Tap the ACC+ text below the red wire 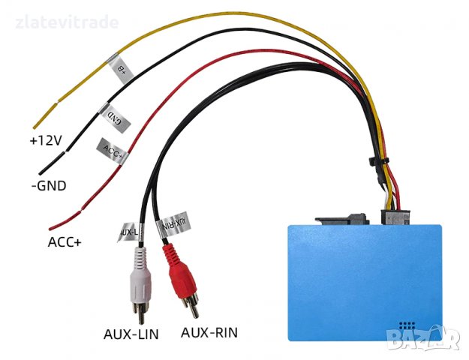tap(64, 241)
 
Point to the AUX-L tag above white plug tap(130, 232)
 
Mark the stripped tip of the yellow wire tap(37, 121)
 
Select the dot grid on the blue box tap(408, 327)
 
